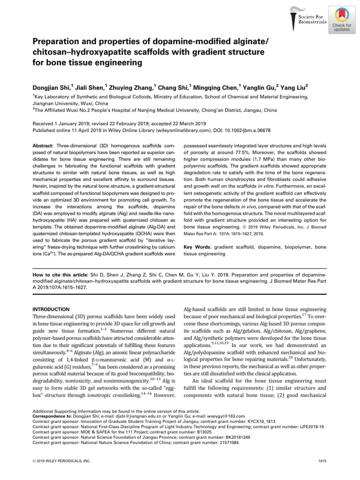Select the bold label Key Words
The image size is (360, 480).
click(197, 246)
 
